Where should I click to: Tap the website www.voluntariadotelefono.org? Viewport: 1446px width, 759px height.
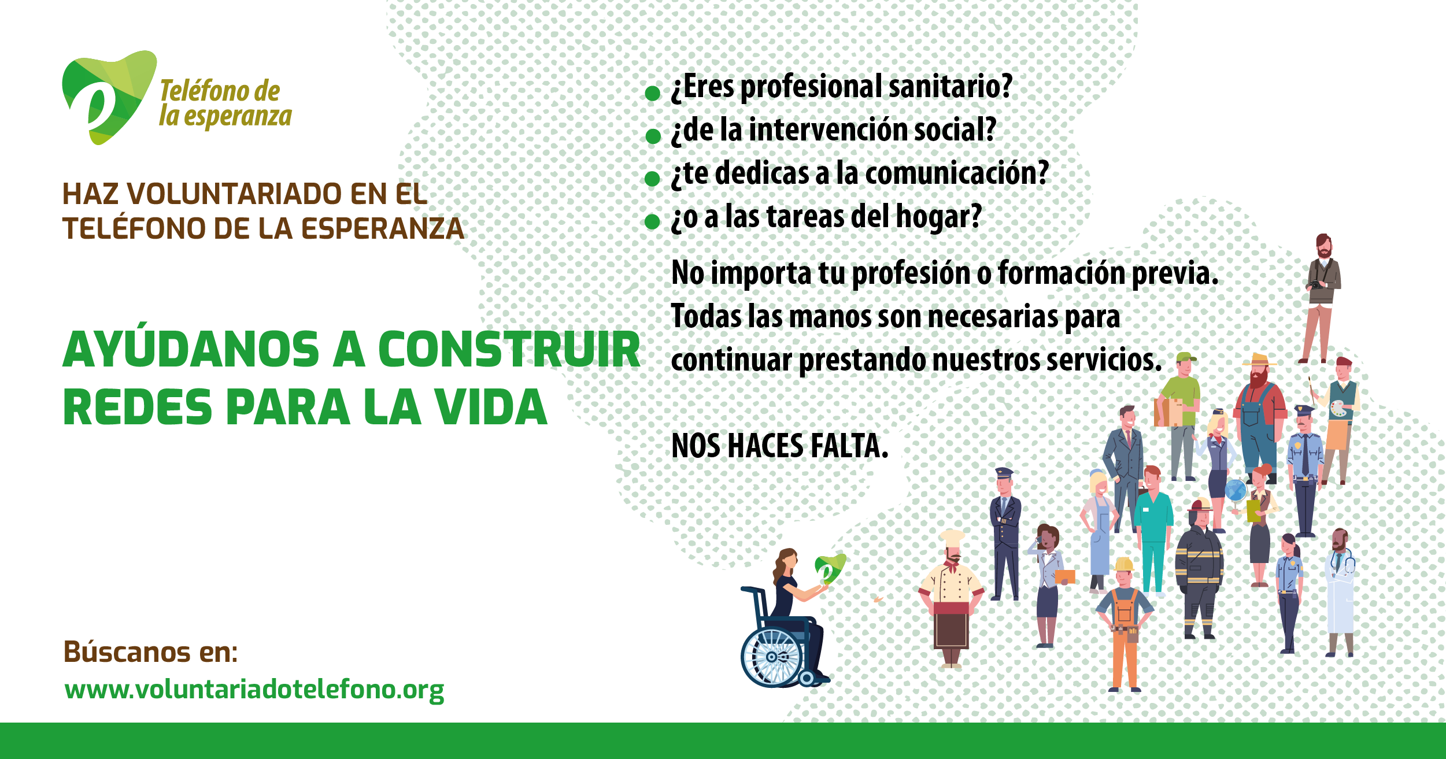click(x=254, y=689)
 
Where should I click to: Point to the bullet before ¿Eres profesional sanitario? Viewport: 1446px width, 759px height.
click(x=653, y=93)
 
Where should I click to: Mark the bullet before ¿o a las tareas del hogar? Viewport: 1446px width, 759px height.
click(x=653, y=221)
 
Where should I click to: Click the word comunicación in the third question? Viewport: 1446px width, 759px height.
click(x=957, y=173)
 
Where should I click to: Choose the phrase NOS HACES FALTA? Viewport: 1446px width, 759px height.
click(x=779, y=446)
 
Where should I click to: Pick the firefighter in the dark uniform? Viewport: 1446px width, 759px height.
click(x=1199, y=569)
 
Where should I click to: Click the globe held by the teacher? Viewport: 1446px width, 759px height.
click(x=1236, y=491)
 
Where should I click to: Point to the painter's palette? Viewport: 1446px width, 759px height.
click(x=1338, y=409)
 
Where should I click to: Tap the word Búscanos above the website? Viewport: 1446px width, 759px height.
click(x=127, y=651)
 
